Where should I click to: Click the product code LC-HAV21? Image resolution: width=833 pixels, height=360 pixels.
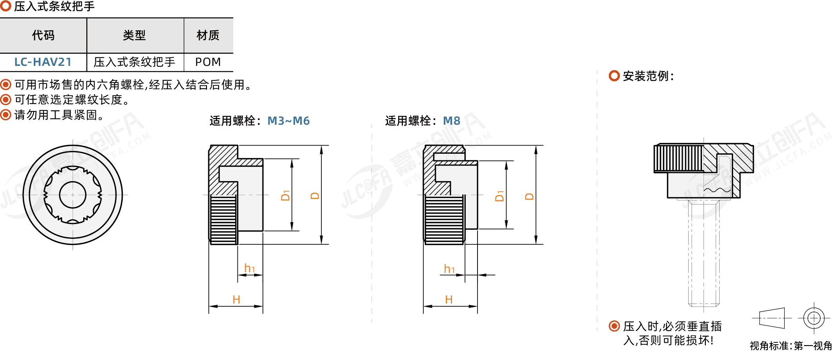pyautogui.click(x=43, y=62)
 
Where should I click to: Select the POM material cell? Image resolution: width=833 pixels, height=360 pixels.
pyautogui.click(x=208, y=62)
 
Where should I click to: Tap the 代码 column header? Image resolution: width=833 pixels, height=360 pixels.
pyautogui.click(x=43, y=35)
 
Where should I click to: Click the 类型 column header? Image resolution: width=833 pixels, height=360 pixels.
pyautogui.click(x=135, y=35)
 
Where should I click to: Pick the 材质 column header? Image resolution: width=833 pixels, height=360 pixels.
pyautogui.click(x=208, y=35)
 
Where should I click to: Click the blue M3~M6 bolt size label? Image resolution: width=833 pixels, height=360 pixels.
pyautogui.click(x=288, y=121)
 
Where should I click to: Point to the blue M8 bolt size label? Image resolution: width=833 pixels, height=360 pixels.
pyautogui.click(x=451, y=121)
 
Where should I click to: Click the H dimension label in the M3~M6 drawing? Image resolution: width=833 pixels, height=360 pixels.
pyautogui.click(x=236, y=300)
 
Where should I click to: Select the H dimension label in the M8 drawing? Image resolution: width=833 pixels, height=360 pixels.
pyautogui.click(x=449, y=300)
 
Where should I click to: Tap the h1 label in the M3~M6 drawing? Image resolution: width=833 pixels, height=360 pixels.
pyautogui.click(x=250, y=268)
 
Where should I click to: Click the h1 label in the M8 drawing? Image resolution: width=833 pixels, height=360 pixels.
pyautogui.click(x=449, y=269)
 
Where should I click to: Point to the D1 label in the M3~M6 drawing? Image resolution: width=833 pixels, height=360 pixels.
pyautogui.click(x=286, y=195)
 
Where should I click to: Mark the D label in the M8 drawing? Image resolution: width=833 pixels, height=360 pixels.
pyautogui.click(x=529, y=196)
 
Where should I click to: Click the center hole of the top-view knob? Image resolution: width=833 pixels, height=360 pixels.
pyautogui.click(x=73, y=195)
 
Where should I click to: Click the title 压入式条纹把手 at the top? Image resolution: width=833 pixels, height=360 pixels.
pyautogui.click(x=54, y=6)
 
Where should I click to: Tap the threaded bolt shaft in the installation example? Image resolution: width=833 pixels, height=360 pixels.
pyautogui.click(x=704, y=255)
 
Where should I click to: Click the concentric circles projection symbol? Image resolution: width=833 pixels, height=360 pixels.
pyautogui.click(x=814, y=318)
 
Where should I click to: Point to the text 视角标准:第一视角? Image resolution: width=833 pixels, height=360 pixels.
pyautogui.click(x=790, y=346)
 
